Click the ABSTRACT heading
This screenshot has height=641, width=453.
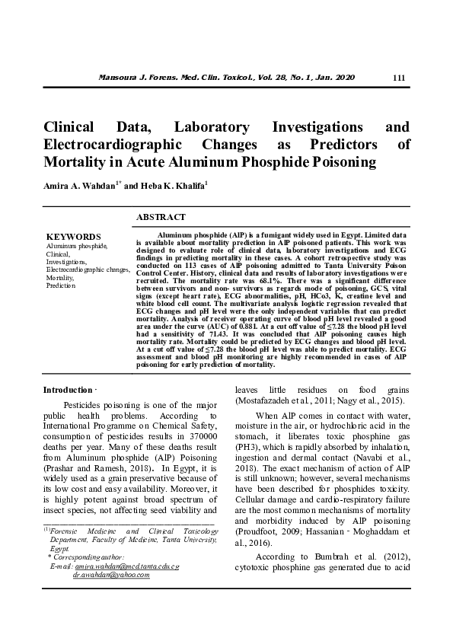pos(161,218)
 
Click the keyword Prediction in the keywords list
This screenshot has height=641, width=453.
pos(61,285)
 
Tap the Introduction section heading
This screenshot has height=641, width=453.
pos(67,390)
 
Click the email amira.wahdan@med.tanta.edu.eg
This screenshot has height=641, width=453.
pos(127,567)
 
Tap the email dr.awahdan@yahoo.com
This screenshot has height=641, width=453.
pos(111,576)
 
